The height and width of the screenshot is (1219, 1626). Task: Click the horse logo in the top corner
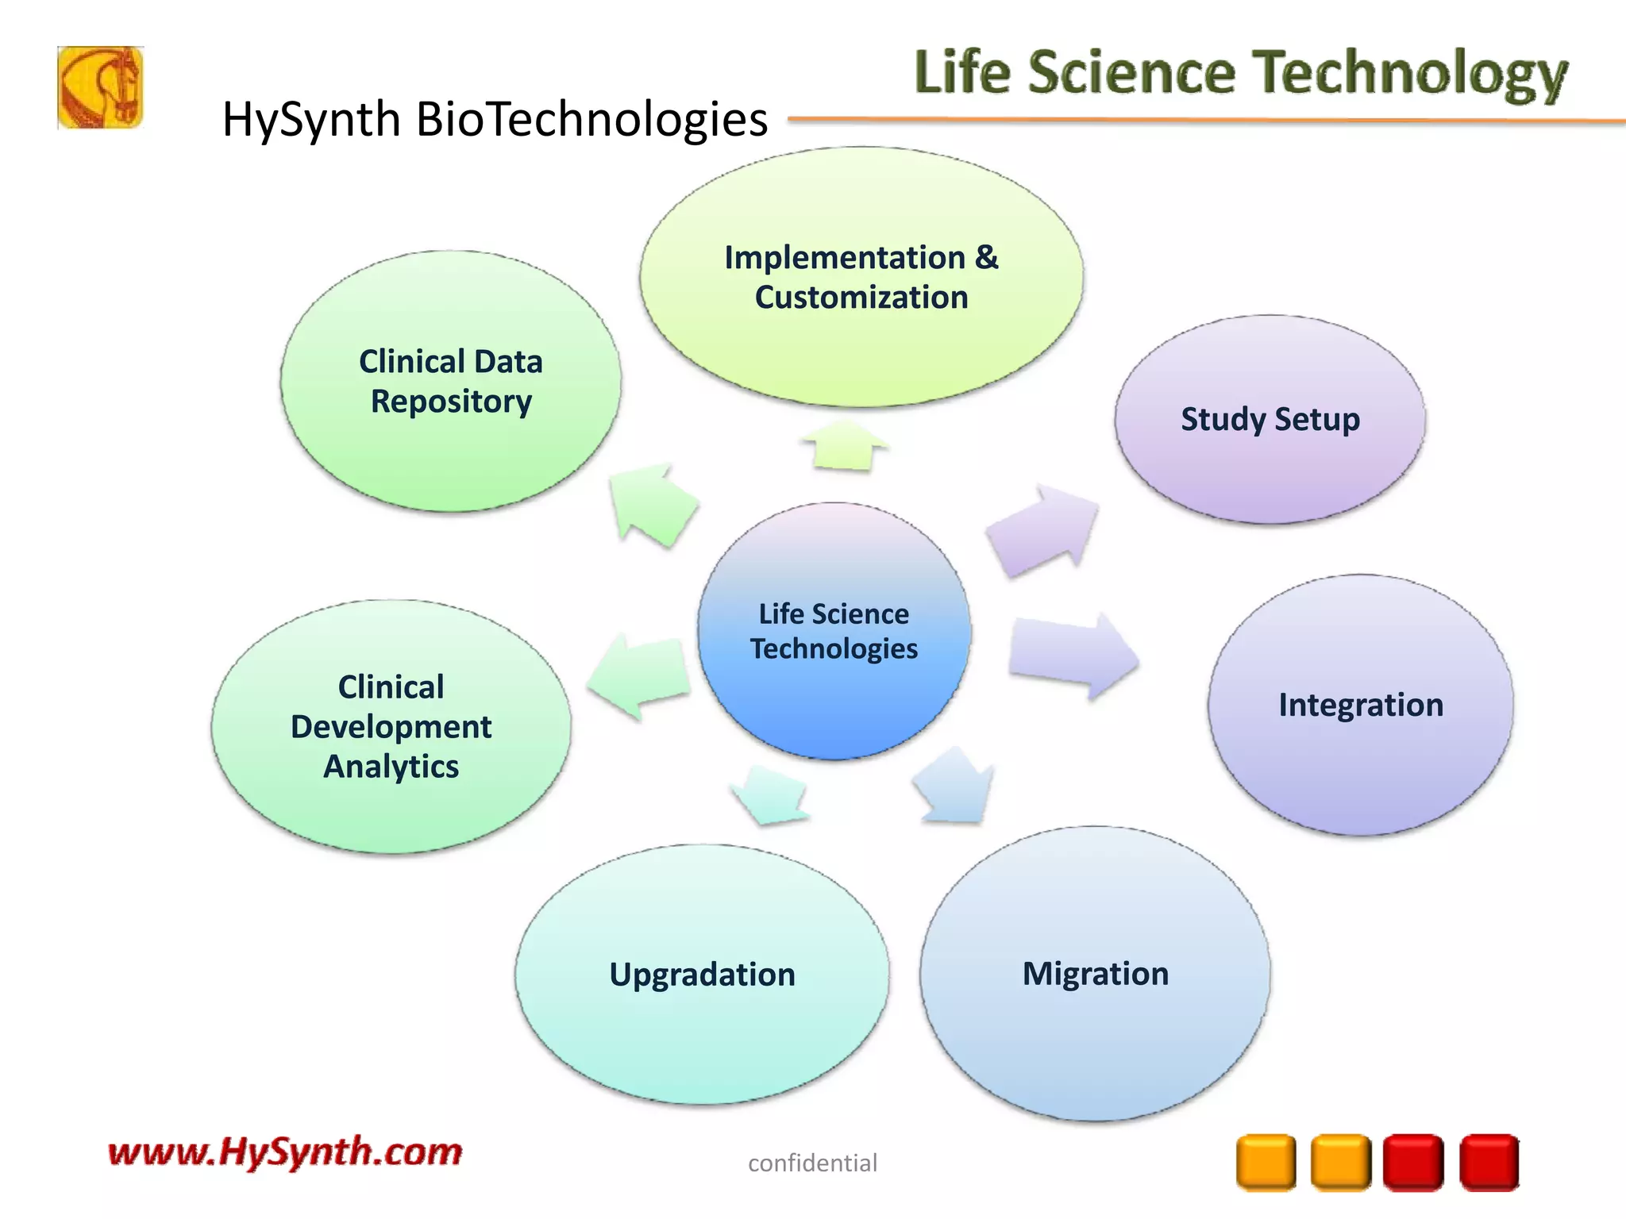point(100,87)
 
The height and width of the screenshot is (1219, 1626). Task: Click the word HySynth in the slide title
point(310,120)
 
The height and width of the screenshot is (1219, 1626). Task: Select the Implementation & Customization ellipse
point(861,277)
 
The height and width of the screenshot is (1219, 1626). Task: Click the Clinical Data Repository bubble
point(450,382)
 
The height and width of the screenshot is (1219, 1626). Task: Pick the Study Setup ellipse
point(1270,419)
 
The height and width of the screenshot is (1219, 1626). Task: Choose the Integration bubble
point(1360,705)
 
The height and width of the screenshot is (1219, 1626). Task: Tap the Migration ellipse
point(1095,974)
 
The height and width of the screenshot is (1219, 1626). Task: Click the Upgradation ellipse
point(702,975)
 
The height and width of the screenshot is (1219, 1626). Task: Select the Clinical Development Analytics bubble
point(391,726)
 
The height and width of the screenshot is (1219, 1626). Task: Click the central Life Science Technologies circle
point(834,631)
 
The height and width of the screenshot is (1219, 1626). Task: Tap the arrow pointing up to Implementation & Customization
point(843,446)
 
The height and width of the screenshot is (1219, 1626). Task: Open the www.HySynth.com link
point(285,1152)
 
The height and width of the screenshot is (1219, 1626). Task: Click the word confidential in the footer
point(812,1163)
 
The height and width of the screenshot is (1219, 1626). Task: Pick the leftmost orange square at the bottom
point(1266,1163)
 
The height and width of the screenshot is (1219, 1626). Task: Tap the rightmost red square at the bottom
point(1489,1163)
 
